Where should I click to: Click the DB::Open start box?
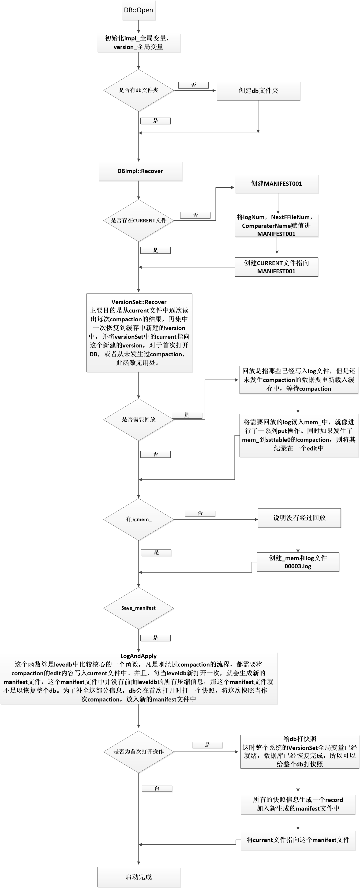click(x=138, y=10)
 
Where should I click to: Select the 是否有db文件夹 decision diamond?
click(x=139, y=90)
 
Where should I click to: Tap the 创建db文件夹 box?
click(x=258, y=91)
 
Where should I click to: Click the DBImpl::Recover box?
click(x=140, y=171)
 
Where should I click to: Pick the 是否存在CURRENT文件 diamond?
click(x=139, y=220)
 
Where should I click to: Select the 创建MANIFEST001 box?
click(x=276, y=183)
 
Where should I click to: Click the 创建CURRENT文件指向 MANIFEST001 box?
click(x=276, y=267)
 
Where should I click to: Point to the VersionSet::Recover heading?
click(x=139, y=302)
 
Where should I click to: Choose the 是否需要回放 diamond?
click(x=139, y=420)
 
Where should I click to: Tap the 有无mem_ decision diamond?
click(x=139, y=519)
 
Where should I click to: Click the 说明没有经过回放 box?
click(x=299, y=518)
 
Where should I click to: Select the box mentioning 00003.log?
click(x=298, y=562)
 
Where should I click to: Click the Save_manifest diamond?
click(x=139, y=608)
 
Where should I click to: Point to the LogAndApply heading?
click(x=139, y=656)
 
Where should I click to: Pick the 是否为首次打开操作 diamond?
click(x=139, y=751)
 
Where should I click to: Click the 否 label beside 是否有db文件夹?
click(x=193, y=85)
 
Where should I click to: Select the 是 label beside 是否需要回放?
click(x=187, y=415)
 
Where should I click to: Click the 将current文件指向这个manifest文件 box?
click(x=298, y=840)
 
